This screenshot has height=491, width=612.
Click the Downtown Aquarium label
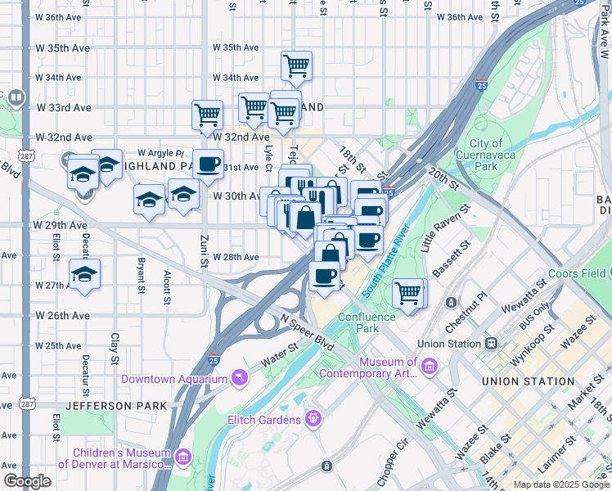tap(173, 379)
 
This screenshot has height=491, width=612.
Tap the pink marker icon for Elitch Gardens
tap(313, 420)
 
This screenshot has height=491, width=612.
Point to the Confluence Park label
tap(366, 322)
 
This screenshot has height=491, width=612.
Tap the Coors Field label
tap(576, 274)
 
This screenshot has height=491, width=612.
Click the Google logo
tap(27, 481)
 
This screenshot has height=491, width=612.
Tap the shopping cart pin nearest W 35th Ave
tap(296, 65)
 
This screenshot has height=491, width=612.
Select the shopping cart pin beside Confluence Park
tap(407, 292)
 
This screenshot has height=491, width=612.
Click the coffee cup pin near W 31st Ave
tap(208, 162)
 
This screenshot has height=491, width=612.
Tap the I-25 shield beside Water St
tap(213, 358)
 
